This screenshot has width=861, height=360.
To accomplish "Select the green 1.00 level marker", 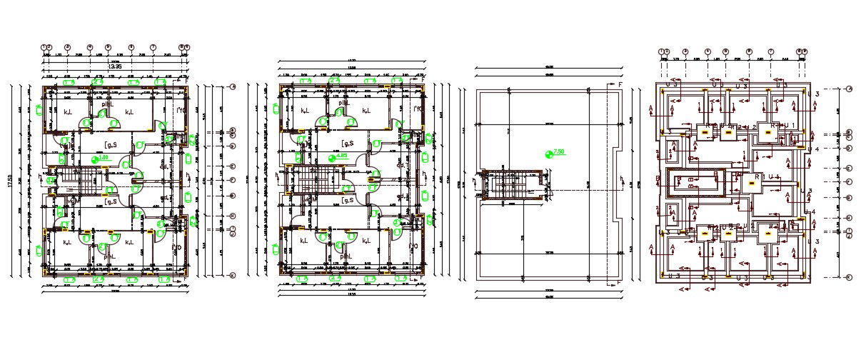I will click(101, 156).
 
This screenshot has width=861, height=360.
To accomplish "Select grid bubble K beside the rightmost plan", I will click(849, 276).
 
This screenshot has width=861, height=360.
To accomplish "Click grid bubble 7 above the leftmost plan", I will click(153, 48).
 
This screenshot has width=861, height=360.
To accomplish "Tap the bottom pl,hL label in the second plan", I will click(346, 255).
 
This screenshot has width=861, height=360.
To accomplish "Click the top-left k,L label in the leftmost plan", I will click(68, 112).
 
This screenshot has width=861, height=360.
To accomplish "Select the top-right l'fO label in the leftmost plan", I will click(179, 109).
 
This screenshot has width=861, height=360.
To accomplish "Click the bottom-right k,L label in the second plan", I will click(366, 241).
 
